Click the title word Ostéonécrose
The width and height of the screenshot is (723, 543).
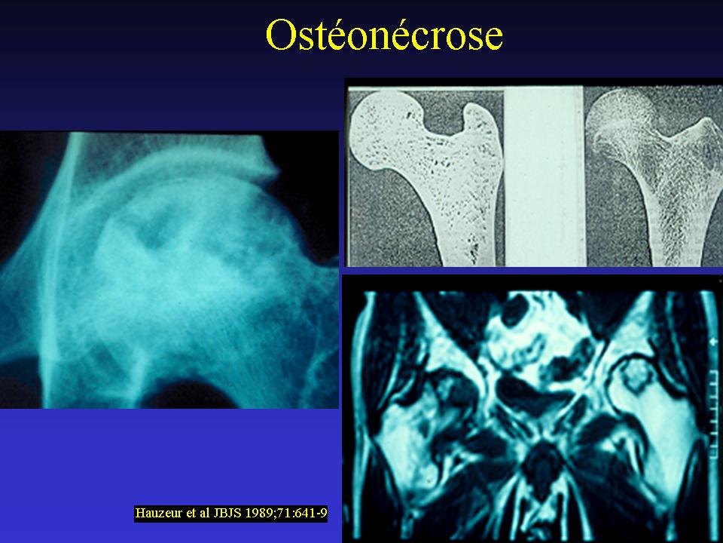[x=384, y=35]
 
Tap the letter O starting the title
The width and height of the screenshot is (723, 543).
[x=280, y=35]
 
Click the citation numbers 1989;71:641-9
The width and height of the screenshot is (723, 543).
[x=285, y=513]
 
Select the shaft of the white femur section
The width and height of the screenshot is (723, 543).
[x=454, y=222]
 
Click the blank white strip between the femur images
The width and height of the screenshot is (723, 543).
[x=544, y=176]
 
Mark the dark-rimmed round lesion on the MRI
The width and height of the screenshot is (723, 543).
[x=636, y=375]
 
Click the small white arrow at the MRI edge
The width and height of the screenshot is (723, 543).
[x=715, y=342]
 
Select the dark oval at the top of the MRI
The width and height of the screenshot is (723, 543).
[x=515, y=310]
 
